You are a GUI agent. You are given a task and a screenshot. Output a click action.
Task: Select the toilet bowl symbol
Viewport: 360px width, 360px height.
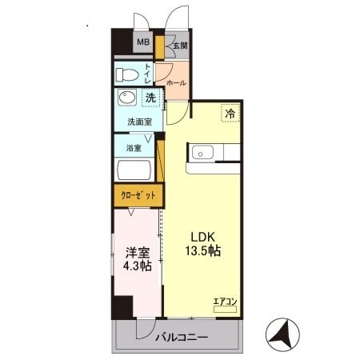[126, 75]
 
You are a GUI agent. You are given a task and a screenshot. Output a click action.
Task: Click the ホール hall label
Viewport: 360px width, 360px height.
[176, 82]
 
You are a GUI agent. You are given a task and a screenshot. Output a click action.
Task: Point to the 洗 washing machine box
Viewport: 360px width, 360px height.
[150, 98]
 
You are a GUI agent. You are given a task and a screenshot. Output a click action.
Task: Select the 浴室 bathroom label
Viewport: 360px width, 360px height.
[134, 148]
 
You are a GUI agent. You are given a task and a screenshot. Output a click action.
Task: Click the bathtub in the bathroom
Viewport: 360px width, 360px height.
[137, 170]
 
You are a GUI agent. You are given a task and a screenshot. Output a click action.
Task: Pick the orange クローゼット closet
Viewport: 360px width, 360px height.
[138, 194]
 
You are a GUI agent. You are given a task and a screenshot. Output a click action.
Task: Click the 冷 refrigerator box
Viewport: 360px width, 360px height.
[229, 114]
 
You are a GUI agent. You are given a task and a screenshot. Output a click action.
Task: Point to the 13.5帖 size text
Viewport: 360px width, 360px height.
[205, 250]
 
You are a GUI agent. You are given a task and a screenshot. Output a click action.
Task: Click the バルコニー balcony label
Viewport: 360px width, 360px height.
[182, 337]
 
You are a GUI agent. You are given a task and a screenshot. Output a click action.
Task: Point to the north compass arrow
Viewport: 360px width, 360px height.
[285, 331]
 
